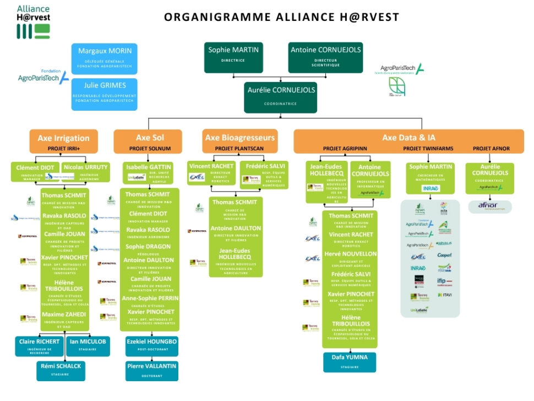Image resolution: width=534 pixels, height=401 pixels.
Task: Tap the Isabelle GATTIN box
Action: click(x=149, y=172)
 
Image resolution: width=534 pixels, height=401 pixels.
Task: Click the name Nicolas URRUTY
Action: click(x=85, y=167)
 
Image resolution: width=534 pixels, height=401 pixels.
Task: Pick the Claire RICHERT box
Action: click(x=39, y=345)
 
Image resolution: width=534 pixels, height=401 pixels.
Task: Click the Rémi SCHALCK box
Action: click(x=61, y=370)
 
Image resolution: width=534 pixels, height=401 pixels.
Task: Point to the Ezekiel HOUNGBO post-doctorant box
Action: click(x=151, y=345)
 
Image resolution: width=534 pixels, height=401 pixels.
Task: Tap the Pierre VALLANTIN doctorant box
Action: click(x=151, y=370)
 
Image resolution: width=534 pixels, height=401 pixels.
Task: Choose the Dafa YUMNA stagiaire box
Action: click(x=350, y=361)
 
